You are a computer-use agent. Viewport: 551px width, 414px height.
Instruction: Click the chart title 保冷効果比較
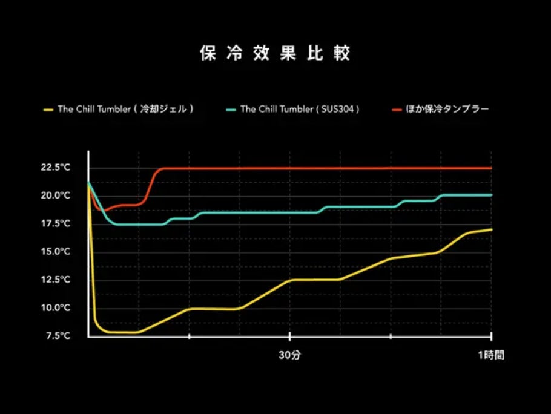275,53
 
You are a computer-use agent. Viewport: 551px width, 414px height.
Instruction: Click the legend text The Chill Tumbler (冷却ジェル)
126,110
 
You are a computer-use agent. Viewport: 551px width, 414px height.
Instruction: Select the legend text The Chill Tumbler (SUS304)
300,110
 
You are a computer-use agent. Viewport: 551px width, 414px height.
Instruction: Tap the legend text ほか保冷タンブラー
449,110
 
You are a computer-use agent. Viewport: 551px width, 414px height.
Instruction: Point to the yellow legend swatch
48,110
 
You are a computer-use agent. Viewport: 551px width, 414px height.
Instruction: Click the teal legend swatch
230,110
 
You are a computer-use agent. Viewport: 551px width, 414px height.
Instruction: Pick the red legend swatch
397,110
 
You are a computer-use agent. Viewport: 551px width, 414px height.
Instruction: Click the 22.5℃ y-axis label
56,168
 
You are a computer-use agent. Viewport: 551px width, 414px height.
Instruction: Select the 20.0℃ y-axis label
56,195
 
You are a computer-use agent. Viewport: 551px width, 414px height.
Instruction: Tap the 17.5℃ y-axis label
56,224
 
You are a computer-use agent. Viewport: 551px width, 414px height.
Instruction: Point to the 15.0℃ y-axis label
56,252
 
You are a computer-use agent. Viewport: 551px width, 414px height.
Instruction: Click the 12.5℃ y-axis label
56,280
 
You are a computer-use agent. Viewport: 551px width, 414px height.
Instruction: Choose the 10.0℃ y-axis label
56,308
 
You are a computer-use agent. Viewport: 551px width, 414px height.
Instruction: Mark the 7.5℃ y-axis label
58,336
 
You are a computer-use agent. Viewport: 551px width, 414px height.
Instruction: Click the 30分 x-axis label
289,356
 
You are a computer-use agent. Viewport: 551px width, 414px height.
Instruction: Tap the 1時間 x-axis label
490,356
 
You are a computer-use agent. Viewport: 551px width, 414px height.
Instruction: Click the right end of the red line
490,168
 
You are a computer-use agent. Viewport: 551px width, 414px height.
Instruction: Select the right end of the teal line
490,195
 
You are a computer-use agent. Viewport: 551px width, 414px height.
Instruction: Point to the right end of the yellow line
490,229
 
